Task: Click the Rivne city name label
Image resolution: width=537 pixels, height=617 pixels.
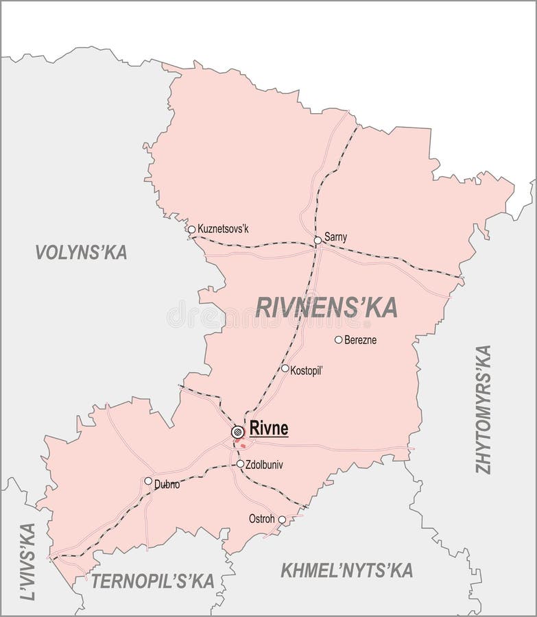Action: (269, 429)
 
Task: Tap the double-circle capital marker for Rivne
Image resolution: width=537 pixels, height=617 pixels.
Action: (237, 431)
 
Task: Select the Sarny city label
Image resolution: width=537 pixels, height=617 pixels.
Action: (335, 237)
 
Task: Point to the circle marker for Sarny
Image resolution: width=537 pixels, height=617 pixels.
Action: (318, 240)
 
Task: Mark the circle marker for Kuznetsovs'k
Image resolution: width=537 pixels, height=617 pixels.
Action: (191, 230)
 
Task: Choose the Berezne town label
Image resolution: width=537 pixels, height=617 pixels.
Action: (360, 339)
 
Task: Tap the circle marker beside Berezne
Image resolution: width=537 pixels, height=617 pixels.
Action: (338, 339)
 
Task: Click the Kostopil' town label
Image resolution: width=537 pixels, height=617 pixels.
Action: (307, 369)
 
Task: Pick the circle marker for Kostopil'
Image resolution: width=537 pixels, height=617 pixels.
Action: (285, 368)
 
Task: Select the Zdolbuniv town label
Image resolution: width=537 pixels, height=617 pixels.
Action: (264, 464)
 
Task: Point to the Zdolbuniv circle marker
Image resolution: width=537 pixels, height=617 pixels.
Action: (240, 464)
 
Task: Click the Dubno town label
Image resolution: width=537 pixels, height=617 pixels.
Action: (167, 484)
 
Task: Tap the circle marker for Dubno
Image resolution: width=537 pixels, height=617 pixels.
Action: (148, 481)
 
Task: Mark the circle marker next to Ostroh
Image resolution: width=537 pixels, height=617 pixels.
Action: (282, 520)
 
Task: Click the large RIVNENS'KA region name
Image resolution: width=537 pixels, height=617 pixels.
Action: (326, 308)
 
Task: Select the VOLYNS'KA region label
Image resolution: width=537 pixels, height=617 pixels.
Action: (81, 252)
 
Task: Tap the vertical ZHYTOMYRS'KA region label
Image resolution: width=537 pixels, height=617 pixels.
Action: (484, 409)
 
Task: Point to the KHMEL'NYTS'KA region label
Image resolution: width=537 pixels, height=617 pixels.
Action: (346, 569)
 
